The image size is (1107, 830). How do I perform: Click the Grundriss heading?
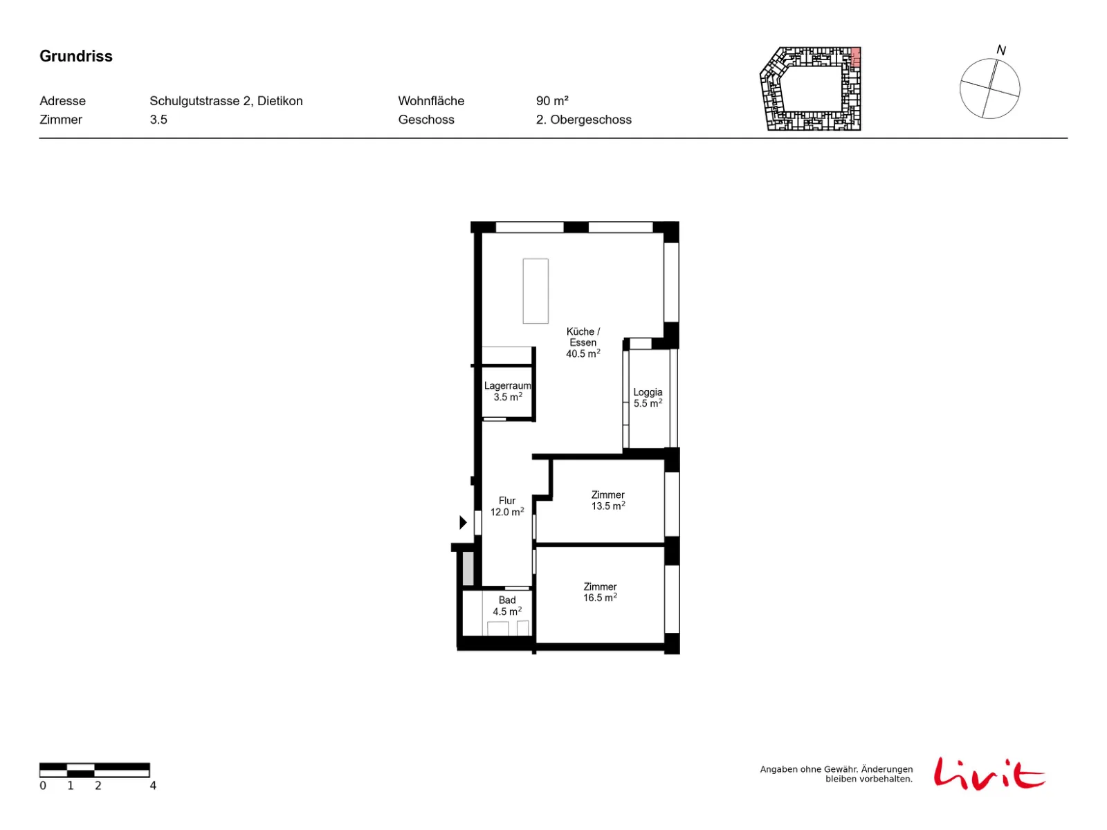click(x=75, y=56)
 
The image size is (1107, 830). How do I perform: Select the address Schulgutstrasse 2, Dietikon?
click(x=226, y=101)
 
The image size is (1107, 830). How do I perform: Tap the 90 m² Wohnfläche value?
click(x=551, y=101)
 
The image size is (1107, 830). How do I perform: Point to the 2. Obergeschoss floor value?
click(x=583, y=120)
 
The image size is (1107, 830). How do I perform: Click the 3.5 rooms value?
click(x=158, y=120)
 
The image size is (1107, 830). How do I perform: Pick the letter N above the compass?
click(x=1000, y=50)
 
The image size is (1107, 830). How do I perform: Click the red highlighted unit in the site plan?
click(x=855, y=57)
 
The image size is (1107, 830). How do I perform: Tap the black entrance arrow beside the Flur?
click(x=462, y=523)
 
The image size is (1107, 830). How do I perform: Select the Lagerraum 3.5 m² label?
click(x=507, y=391)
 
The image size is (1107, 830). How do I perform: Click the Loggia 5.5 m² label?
click(x=648, y=398)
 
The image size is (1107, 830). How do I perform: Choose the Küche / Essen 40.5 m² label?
click(x=583, y=342)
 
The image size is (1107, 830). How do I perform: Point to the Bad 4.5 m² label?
click(x=507, y=606)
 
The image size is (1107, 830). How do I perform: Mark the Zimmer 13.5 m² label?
click(x=607, y=500)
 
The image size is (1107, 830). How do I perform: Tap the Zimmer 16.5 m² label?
click(x=600, y=592)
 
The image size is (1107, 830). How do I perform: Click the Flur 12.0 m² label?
click(x=507, y=506)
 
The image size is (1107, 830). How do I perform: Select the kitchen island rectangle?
click(x=535, y=290)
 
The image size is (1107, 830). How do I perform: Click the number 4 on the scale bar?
click(x=153, y=786)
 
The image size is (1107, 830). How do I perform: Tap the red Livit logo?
click(x=989, y=773)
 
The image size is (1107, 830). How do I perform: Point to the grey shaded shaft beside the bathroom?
click(x=468, y=569)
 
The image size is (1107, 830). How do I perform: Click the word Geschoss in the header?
click(x=426, y=120)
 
